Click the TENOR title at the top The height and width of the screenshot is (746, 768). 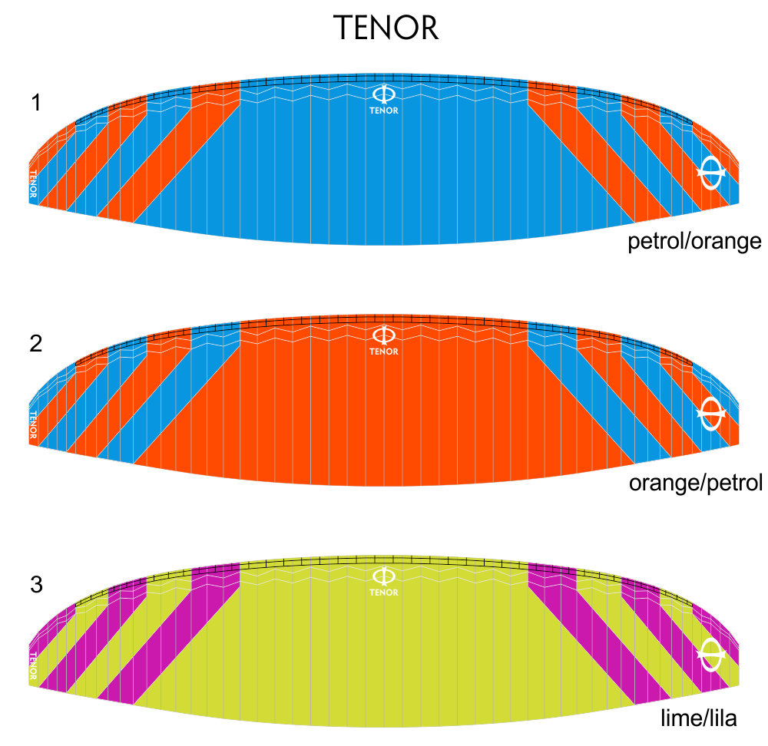click(x=386, y=28)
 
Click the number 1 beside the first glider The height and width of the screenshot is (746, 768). click(x=36, y=103)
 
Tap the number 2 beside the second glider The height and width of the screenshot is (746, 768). click(x=36, y=344)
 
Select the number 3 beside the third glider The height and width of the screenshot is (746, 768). click(x=36, y=585)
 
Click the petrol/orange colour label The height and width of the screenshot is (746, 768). click(x=694, y=241)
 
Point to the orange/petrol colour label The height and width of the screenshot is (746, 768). click(x=696, y=483)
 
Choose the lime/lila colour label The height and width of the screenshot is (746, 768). click(x=698, y=718)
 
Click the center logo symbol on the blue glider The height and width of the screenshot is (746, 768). click(x=384, y=94)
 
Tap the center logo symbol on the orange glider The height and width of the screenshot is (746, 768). click(x=384, y=335)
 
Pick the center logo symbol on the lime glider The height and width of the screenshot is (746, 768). click(x=384, y=576)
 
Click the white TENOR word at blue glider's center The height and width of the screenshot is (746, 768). click(x=384, y=111)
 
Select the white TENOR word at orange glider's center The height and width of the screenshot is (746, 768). click(x=384, y=352)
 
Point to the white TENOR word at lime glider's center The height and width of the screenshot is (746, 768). click(x=384, y=593)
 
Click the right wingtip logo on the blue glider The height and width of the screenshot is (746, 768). click(x=711, y=173)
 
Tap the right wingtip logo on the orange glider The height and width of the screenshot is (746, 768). click(x=711, y=414)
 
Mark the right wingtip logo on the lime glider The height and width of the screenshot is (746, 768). click(x=711, y=655)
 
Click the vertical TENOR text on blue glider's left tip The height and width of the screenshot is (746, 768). click(x=33, y=183)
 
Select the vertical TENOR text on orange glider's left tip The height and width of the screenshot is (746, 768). click(x=33, y=424)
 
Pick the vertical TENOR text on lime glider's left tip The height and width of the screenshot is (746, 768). click(x=33, y=665)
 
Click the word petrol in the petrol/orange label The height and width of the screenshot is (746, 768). click(x=657, y=241)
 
